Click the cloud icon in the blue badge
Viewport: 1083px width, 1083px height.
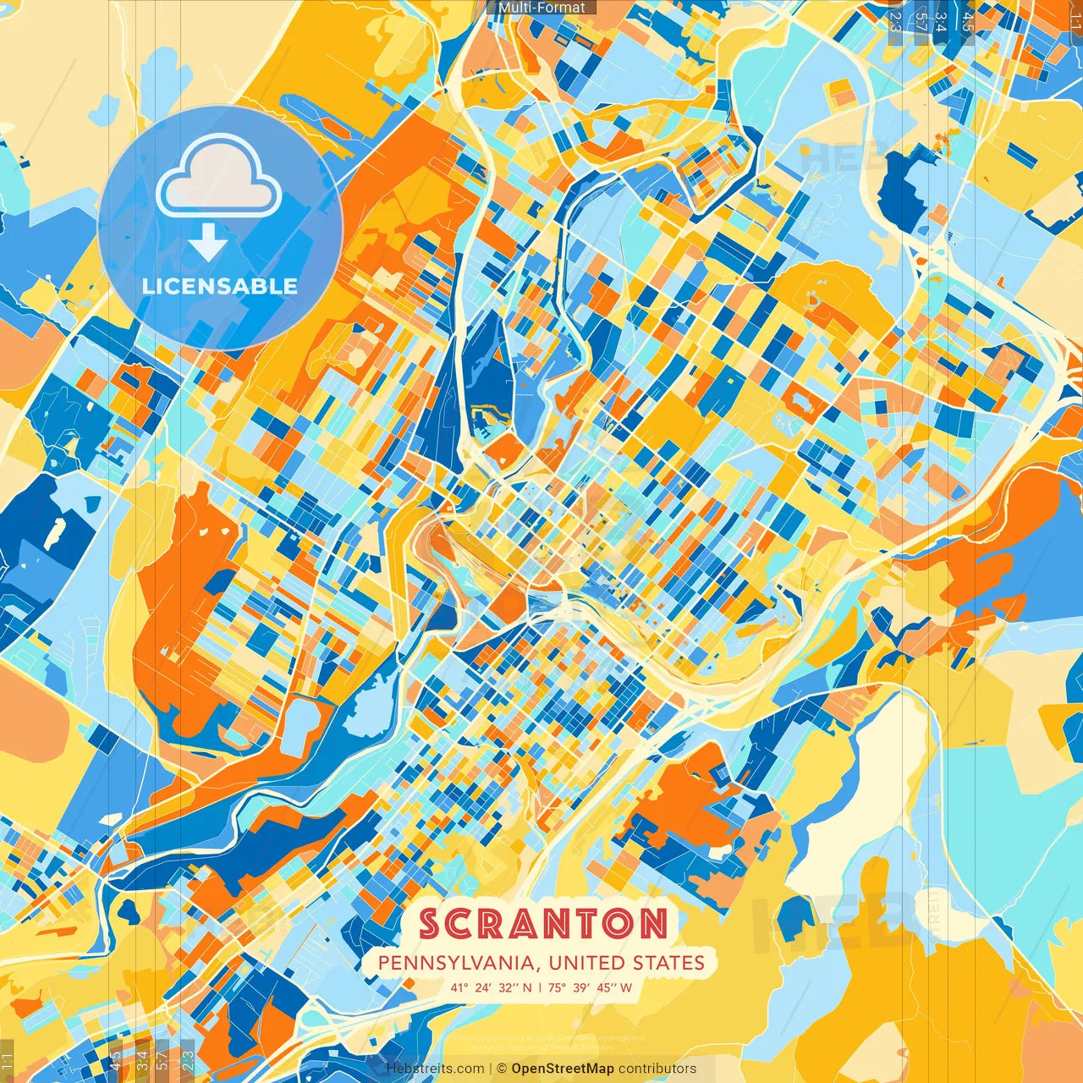tap(219, 179)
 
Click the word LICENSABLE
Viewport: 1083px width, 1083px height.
tap(220, 286)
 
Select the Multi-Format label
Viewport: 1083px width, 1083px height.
tap(541, 8)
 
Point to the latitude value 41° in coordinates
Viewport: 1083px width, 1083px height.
tap(459, 987)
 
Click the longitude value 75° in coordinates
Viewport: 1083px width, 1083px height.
tap(556, 987)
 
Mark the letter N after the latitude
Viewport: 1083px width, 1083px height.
tap(527, 987)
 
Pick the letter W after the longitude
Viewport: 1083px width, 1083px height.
tap(626, 987)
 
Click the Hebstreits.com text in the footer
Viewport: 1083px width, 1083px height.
tap(436, 1069)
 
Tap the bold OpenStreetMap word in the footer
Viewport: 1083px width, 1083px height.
tap(563, 1069)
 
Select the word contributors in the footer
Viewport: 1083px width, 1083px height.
tap(657, 1069)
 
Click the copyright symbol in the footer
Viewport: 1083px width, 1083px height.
tap(502, 1069)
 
